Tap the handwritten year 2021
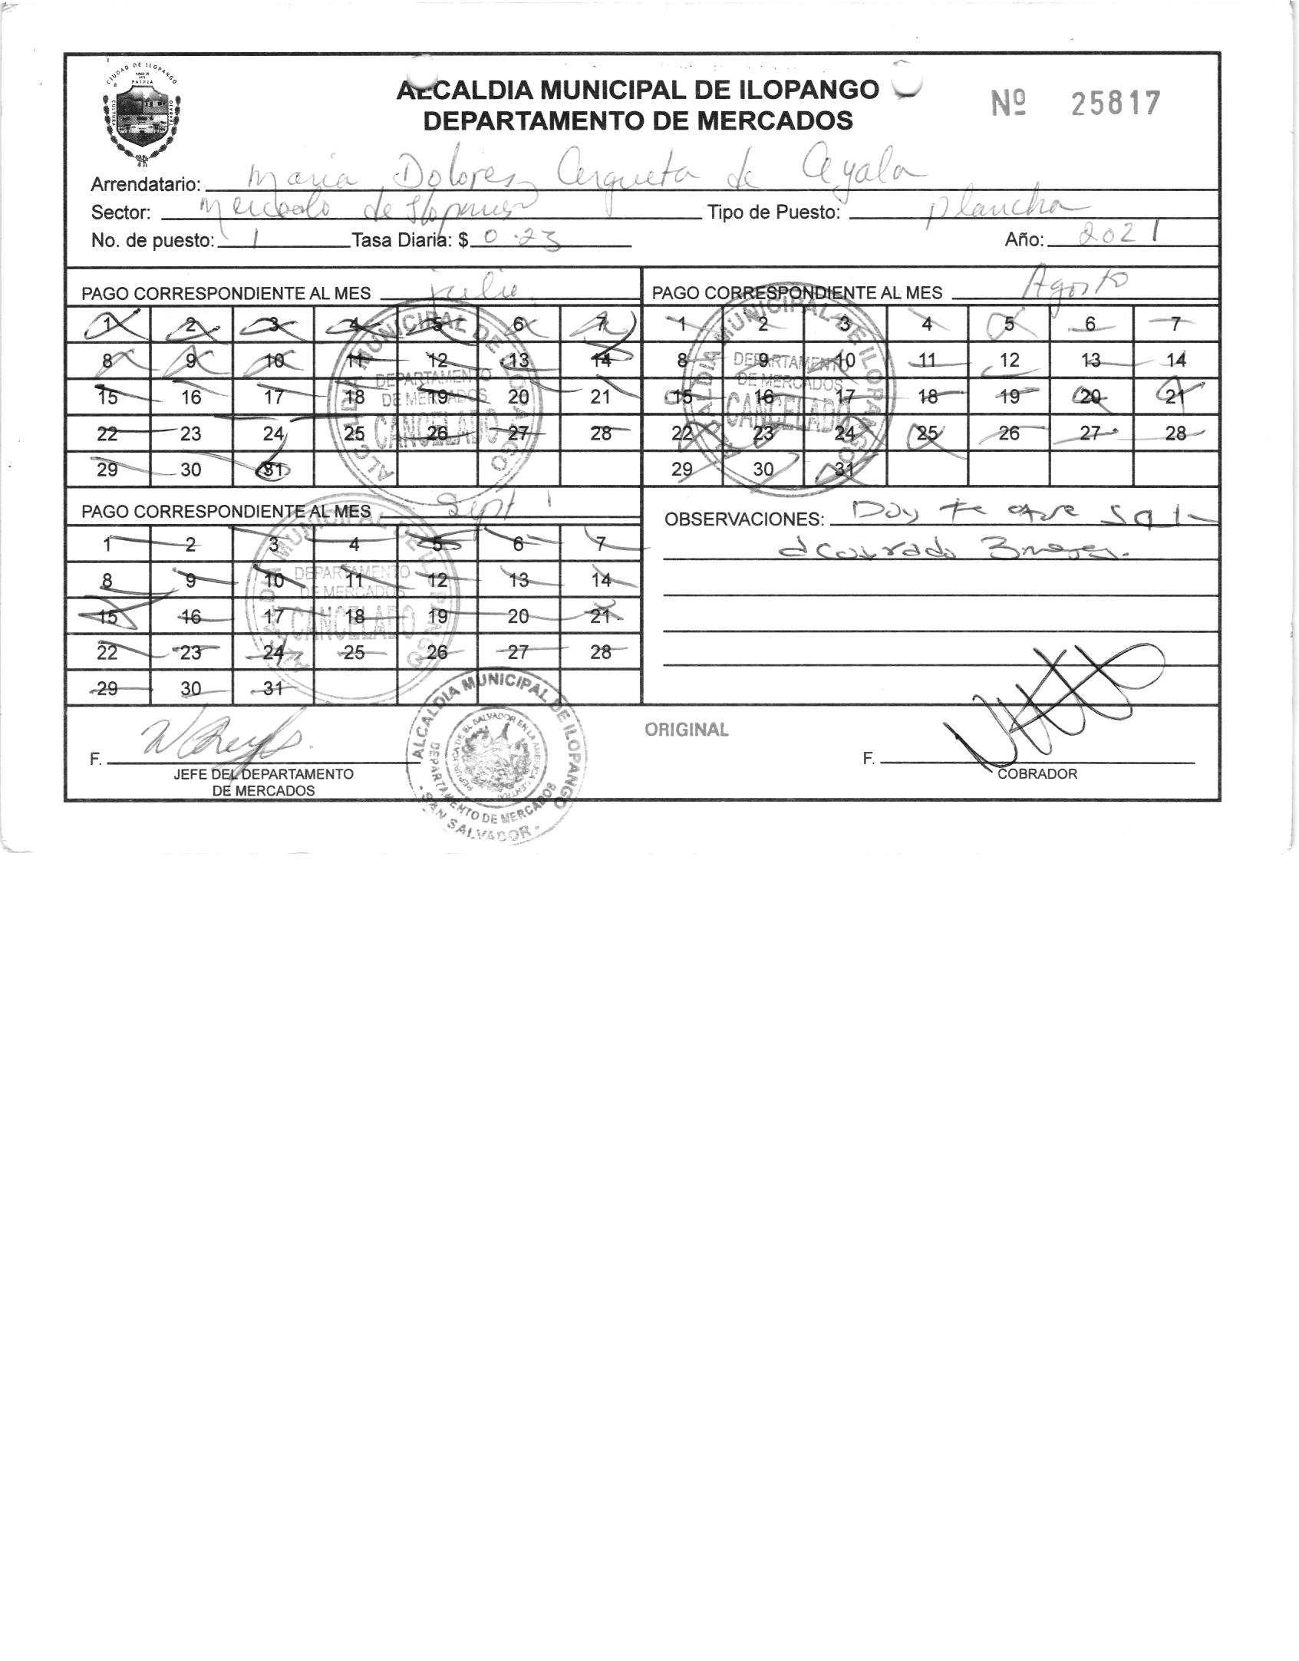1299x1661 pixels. [x=1116, y=236]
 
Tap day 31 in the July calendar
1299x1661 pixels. [x=272, y=469]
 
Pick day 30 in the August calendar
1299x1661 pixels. [x=763, y=469]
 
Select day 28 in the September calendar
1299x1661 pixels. [x=601, y=652]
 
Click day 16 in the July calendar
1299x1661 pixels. [x=190, y=397]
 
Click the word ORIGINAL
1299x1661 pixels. [x=687, y=730]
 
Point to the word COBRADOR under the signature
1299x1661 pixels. [x=1037, y=774]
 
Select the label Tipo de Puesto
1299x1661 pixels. [x=774, y=213]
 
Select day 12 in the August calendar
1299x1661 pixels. [x=1009, y=361]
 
